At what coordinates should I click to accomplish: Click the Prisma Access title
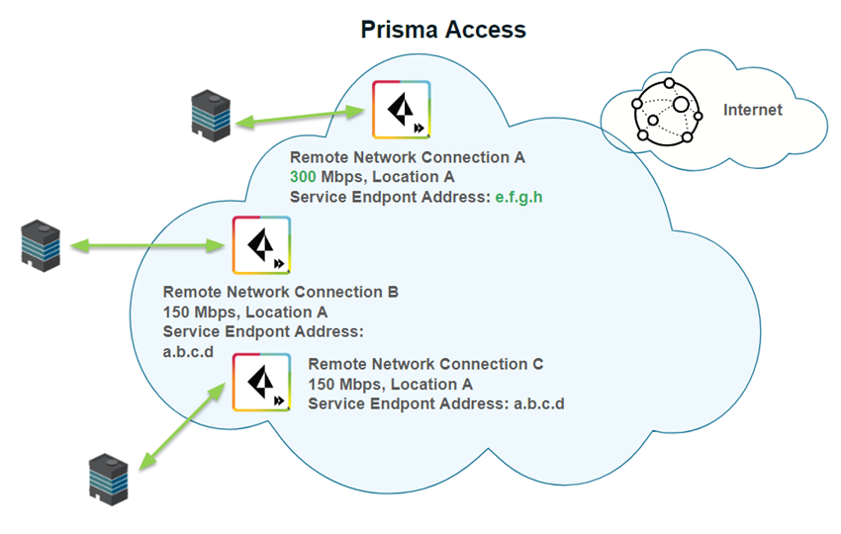[442, 30]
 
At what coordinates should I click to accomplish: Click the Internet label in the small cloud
[752, 110]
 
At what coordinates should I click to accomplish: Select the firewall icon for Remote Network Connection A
[401, 110]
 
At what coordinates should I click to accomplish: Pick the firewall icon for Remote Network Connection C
[261, 382]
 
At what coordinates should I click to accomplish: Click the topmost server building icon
[211, 115]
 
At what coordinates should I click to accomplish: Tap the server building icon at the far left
[41, 245]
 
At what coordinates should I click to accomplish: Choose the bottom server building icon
[109, 477]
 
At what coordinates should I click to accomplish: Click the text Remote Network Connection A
[407, 157]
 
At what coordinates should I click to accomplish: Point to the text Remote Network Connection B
[280, 293]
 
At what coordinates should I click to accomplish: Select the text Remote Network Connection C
[425, 364]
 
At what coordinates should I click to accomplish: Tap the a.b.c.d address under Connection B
[188, 351]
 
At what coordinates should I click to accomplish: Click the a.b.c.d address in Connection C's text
[539, 403]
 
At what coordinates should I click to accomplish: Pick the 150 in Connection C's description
[322, 384]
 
